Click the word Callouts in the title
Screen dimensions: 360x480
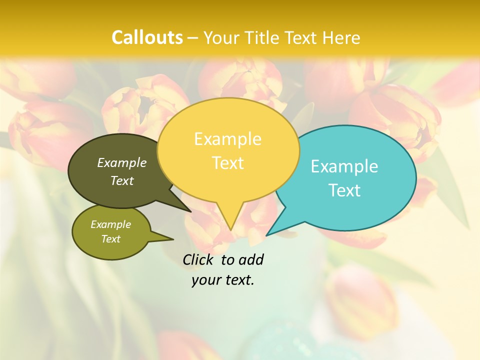147,37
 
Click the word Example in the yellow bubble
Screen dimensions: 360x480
227,139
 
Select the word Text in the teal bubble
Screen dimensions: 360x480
344,190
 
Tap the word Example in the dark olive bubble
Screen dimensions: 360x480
122,162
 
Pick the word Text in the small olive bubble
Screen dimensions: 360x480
110,239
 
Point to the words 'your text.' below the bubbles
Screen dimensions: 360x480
223,280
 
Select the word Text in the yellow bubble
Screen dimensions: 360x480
227,163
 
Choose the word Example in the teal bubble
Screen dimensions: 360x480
344,166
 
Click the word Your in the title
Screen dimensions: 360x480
222,38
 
